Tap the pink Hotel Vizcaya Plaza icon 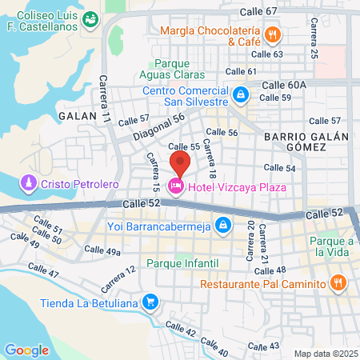[175, 186]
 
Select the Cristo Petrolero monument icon [30, 184]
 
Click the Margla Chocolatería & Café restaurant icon [273, 34]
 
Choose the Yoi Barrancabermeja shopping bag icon [225, 225]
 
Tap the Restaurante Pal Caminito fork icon [338, 283]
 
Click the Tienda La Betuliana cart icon [149, 302]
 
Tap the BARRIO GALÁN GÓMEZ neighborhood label [306, 142]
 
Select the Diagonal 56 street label [158, 124]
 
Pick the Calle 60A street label [284, 84]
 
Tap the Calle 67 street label [260, 11]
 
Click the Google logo [26, 350]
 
